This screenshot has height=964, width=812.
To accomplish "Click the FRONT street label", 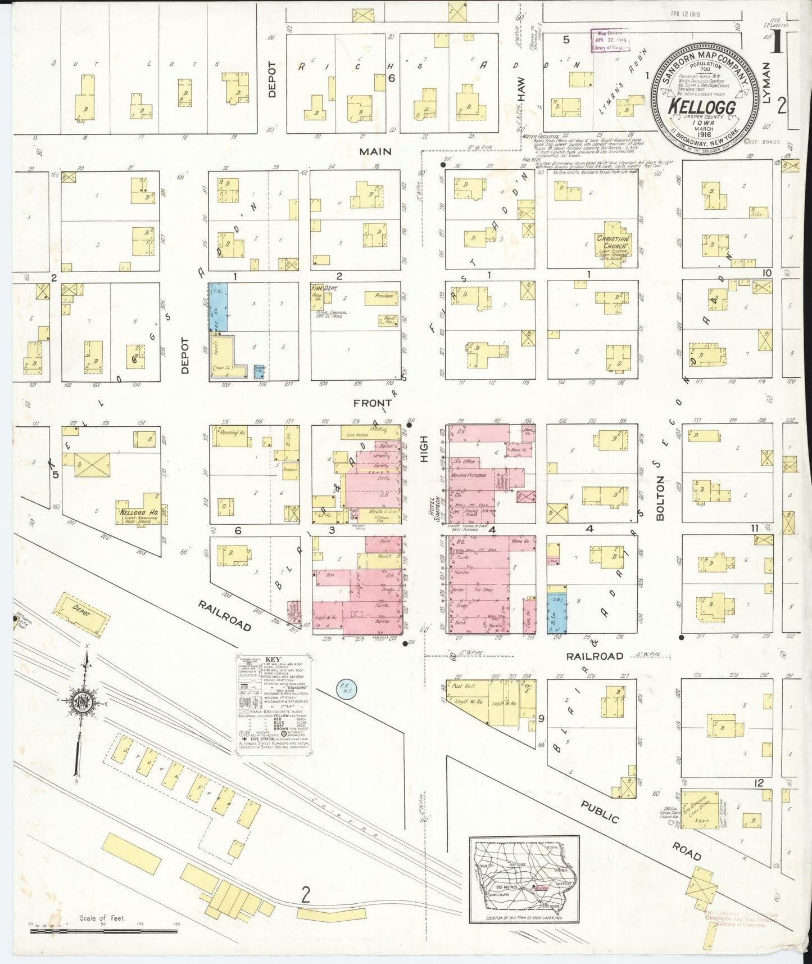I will point(372,403).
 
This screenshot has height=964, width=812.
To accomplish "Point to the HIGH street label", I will point(424,449).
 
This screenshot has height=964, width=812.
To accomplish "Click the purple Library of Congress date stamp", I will point(610,42).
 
